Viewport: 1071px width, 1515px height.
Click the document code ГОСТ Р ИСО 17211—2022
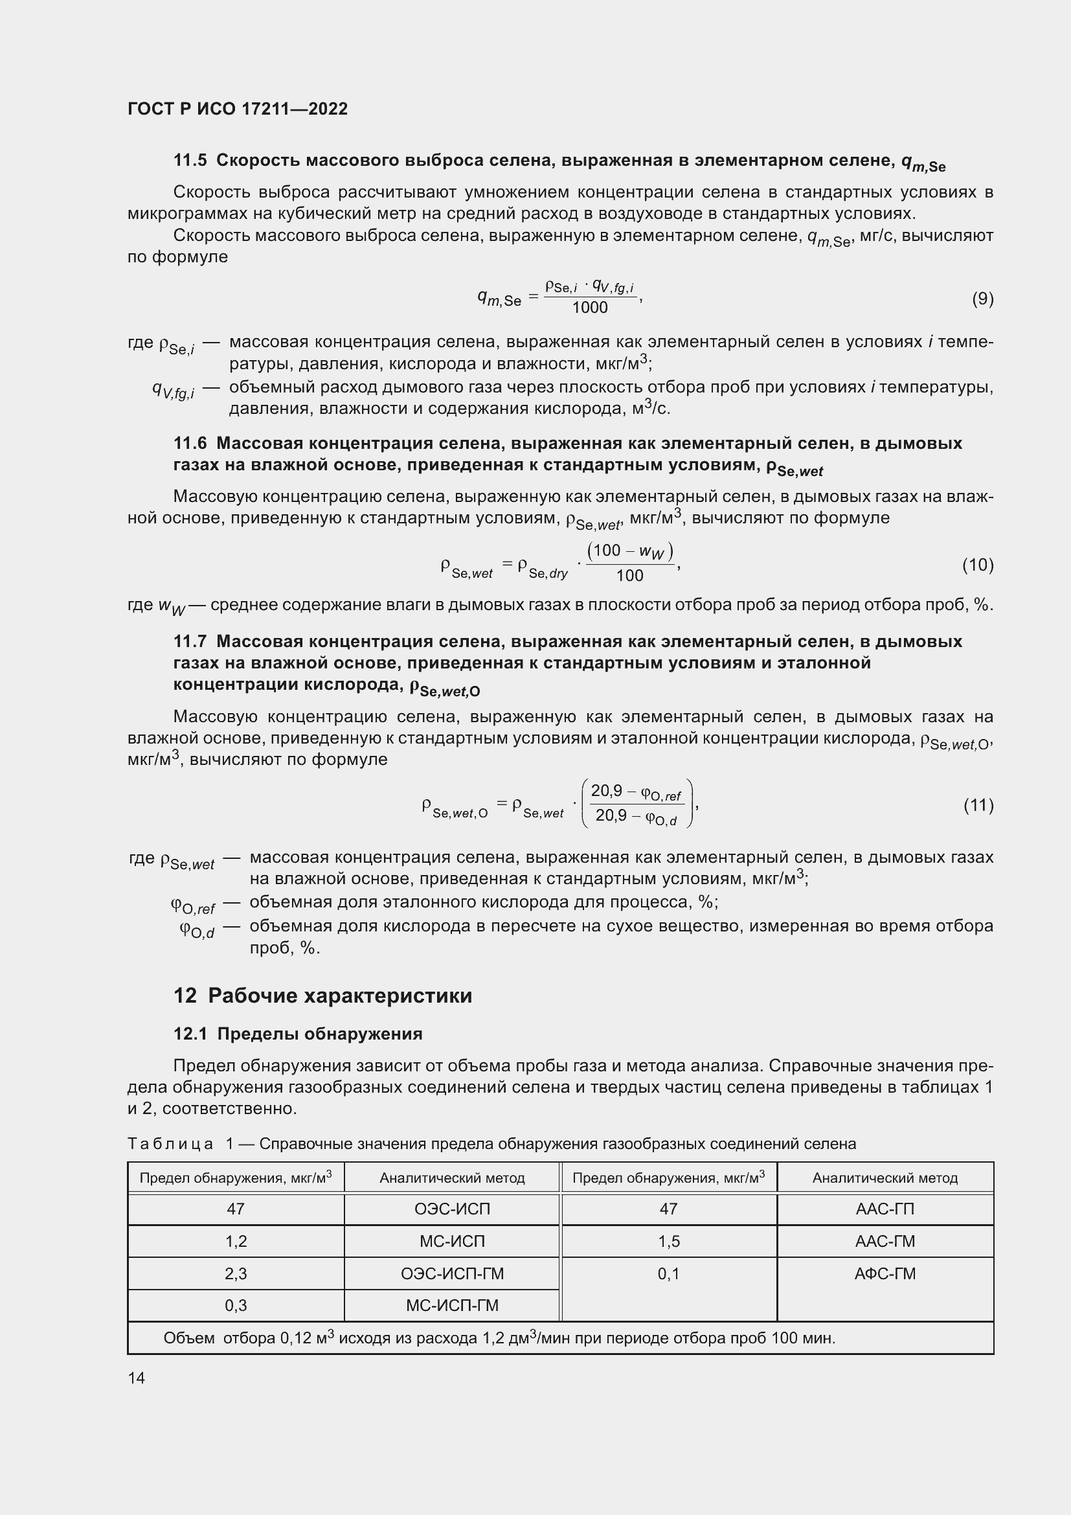(x=238, y=109)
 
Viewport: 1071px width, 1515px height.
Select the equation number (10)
(x=977, y=564)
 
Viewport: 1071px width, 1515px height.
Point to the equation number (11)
(x=978, y=804)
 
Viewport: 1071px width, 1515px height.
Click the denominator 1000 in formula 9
(x=590, y=308)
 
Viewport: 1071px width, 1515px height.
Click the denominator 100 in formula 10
(x=629, y=575)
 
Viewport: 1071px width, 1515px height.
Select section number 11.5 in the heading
(x=190, y=161)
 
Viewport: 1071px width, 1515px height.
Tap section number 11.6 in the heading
(x=190, y=444)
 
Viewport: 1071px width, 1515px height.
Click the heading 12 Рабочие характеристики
(x=322, y=996)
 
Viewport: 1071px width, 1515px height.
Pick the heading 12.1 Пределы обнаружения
(x=297, y=1034)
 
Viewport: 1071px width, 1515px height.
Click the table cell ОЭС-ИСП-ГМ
(x=452, y=1273)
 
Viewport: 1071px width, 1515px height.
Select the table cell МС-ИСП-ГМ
(x=452, y=1305)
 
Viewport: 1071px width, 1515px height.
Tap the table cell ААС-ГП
(x=885, y=1209)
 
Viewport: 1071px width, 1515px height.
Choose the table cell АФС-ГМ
(x=885, y=1273)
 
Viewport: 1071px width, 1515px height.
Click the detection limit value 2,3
(x=236, y=1273)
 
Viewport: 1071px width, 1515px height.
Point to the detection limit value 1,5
(x=668, y=1241)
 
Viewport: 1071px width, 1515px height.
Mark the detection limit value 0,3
(x=236, y=1305)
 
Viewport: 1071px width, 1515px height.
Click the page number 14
(x=137, y=1378)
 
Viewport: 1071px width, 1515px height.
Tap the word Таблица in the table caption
(x=170, y=1144)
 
